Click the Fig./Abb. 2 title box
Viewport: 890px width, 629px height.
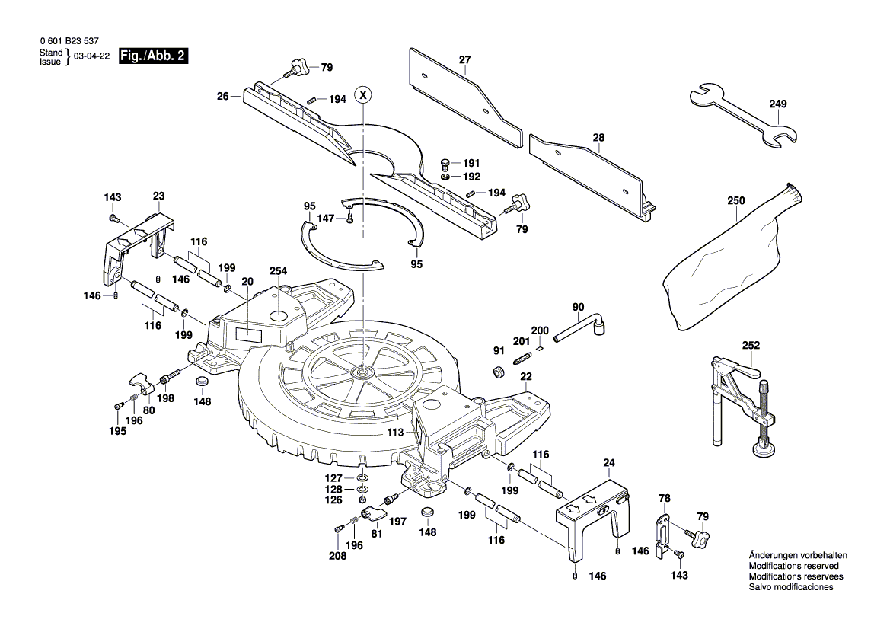pyautogui.click(x=153, y=56)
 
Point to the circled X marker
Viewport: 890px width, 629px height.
pyautogui.click(x=364, y=95)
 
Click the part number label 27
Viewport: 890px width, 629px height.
pyautogui.click(x=464, y=60)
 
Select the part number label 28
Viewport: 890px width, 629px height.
pyautogui.click(x=598, y=138)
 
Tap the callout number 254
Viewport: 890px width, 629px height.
pyautogui.click(x=279, y=271)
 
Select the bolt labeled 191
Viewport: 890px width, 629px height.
pyautogui.click(x=446, y=162)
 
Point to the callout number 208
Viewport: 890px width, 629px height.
pyautogui.click(x=337, y=556)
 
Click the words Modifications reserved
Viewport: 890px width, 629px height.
pyautogui.click(x=793, y=567)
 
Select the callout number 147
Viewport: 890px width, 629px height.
pyautogui.click(x=326, y=218)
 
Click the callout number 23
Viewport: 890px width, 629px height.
pyautogui.click(x=158, y=196)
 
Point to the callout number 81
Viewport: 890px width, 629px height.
pyautogui.click(x=376, y=535)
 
